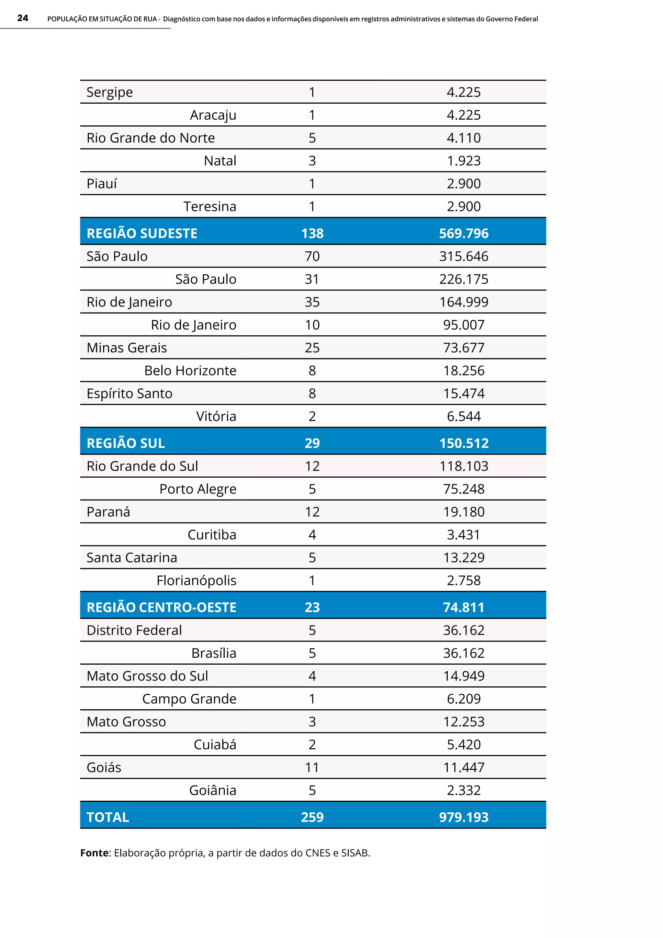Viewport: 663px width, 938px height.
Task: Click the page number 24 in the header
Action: point(23,18)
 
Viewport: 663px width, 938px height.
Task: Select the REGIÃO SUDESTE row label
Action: point(142,233)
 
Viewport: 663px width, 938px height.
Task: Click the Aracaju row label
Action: point(213,115)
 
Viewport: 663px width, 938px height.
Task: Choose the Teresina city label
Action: point(209,207)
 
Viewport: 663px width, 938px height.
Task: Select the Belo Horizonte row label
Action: point(190,371)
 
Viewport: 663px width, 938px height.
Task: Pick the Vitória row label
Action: point(216,416)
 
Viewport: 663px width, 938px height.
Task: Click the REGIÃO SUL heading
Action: point(126,443)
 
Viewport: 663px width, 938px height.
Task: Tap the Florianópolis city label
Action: point(197,580)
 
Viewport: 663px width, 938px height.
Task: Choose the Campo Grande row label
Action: point(189,699)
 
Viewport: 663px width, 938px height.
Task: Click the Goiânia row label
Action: point(212,791)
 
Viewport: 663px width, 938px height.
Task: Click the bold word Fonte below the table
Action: point(94,853)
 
